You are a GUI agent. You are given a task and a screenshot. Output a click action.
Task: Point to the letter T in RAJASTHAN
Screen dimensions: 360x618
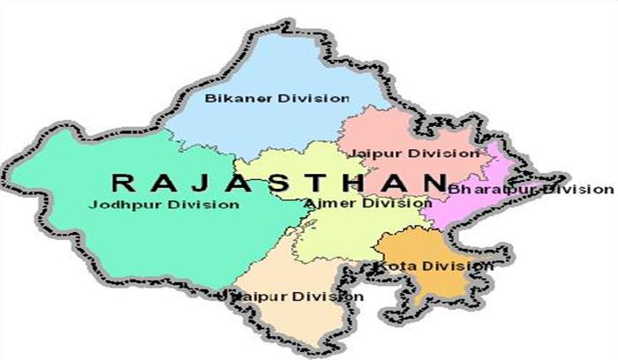[319, 183]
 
